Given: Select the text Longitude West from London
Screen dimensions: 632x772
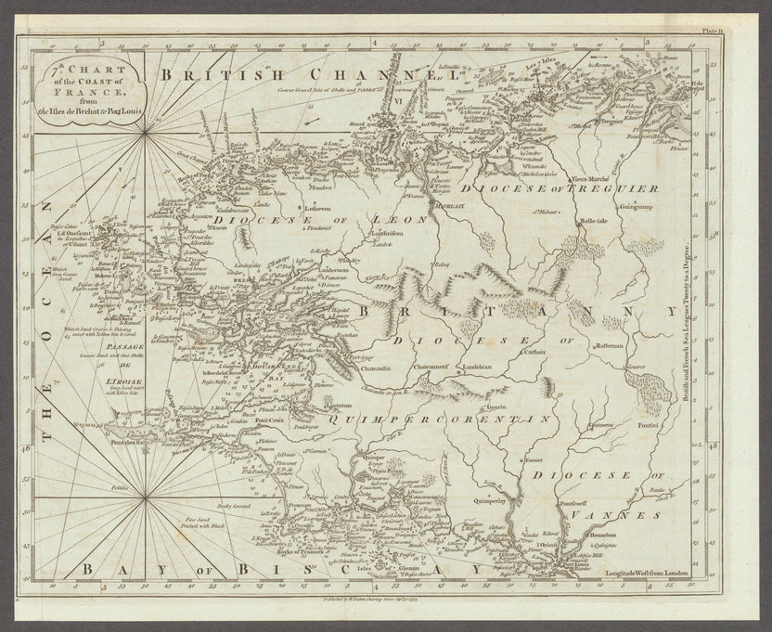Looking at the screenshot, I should pos(647,572).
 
